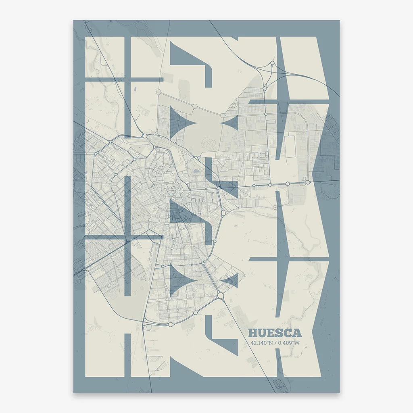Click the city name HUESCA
click(x=275, y=333)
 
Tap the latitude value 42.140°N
click(x=261, y=343)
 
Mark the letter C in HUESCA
click(x=288, y=333)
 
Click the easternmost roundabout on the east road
click(x=308, y=182)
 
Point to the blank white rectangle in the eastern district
click(x=290, y=146)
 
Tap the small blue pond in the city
click(x=196, y=171)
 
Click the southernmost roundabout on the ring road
click(x=171, y=324)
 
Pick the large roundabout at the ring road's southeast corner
click(x=220, y=296)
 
